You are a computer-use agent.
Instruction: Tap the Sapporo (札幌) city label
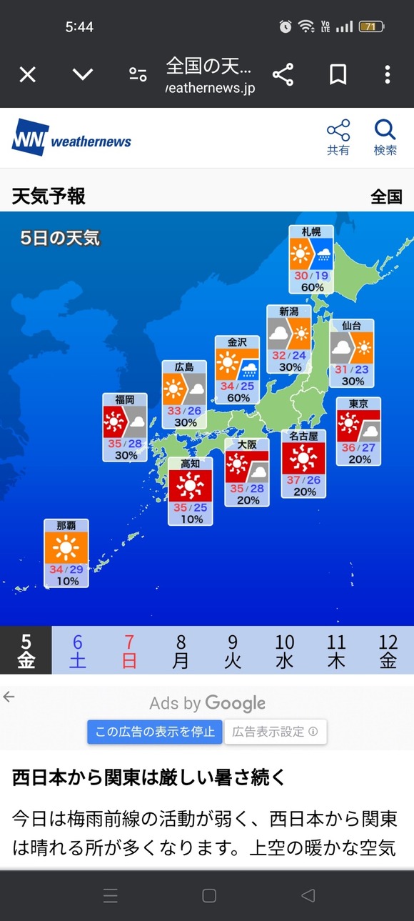pyautogui.click(x=311, y=232)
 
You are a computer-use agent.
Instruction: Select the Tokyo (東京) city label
pyautogui.click(x=358, y=404)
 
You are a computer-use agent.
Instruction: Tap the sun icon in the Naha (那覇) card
pyautogui.click(x=66, y=548)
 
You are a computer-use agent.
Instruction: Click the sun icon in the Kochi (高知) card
pyautogui.click(x=190, y=486)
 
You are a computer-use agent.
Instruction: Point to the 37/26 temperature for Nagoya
pyautogui.click(x=303, y=480)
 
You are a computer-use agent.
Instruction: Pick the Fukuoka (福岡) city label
pyautogui.click(x=125, y=399)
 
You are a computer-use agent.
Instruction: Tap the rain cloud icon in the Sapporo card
pyautogui.click(x=323, y=254)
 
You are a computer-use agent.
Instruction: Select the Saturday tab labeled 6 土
pyautogui.click(x=78, y=650)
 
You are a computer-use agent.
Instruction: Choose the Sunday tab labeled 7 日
pyautogui.click(x=129, y=650)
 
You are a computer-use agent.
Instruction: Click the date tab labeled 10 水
pyautogui.click(x=284, y=650)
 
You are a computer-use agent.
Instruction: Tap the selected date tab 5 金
pyautogui.click(x=26, y=650)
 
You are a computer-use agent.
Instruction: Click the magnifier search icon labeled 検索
pyautogui.click(x=385, y=136)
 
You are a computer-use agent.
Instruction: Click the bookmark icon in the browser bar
pyautogui.click(x=338, y=74)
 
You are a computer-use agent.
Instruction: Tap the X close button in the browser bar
pyautogui.click(x=27, y=74)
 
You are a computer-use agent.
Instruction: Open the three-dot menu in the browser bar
pyautogui.click(x=387, y=74)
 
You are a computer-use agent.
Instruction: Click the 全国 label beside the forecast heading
pyautogui.click(x=386, y=196)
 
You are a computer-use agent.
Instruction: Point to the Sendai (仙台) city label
pyautogui.click(x=352, y=325)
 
